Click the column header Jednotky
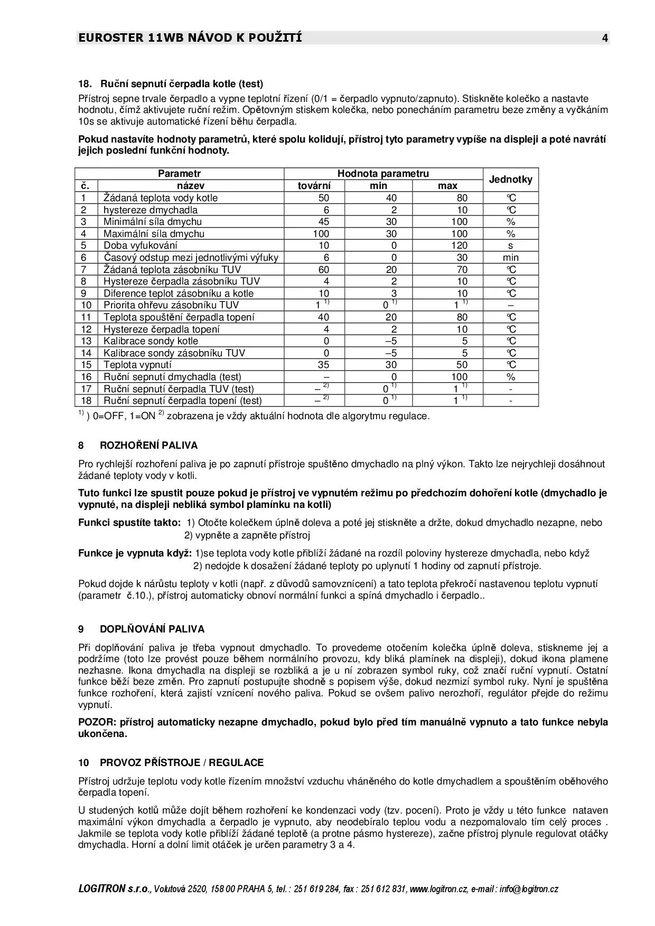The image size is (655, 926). pos(510,179)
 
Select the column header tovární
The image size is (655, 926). pos(314,186)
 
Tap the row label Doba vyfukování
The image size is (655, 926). pos(141,245)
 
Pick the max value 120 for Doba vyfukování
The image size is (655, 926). pos(459,245)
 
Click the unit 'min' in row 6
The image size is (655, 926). pos(510,258)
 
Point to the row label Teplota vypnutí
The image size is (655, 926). pos(137,365)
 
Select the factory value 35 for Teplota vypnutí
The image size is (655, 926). pos(323,365)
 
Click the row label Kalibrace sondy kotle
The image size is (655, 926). pos(151,341)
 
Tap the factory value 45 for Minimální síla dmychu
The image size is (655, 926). pos(323,222)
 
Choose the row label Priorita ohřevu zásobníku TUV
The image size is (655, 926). pos(171,305)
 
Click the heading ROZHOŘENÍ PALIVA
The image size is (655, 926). pos(148,445)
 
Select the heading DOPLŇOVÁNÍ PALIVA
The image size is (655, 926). pos(152,629)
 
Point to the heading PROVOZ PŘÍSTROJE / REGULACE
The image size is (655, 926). pos(181,763)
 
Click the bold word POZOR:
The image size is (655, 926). pos(98,722)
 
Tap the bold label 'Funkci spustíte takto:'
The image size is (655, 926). pos(129,523)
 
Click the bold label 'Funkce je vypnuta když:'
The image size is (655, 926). pos(135,553)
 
